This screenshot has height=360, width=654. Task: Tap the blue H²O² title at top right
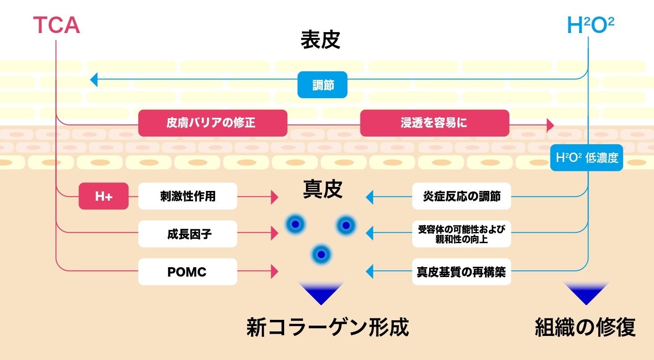[x=590, y=26]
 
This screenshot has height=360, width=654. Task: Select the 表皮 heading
[x=320, y=40]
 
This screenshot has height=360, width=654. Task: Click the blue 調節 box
[x=322, y=85]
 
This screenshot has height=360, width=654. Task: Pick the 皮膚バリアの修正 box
[x=212, y=123]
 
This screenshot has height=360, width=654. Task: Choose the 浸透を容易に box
[x=434, y=123]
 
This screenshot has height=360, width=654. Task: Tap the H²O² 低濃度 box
[x=587, y=158]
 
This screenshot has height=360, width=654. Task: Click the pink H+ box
[x=103, y=196]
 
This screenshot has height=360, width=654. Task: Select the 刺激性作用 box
[x=187, y=196]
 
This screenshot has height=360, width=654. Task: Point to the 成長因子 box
[x=187, y=234]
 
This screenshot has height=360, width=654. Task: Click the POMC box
[x=187, y=272]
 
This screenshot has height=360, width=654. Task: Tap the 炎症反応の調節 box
[x=461, y=196]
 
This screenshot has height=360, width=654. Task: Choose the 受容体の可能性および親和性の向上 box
[x=461, y=234]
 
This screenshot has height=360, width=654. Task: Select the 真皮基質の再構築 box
[x=461, y=272]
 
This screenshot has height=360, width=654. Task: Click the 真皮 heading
[x=323, y=189]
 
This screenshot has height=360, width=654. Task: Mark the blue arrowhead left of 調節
[x=94, y=80]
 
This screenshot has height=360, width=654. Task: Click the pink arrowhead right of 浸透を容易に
[x=550, y=125]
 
